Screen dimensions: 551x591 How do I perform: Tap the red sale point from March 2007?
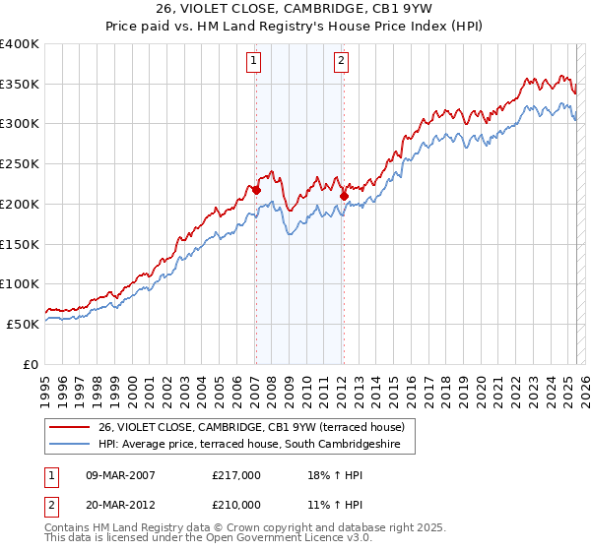click(x=256, y=190)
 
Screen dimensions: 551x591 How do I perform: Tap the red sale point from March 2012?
click(x=344, y=196)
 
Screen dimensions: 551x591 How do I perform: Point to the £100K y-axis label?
click(x=20, y=283)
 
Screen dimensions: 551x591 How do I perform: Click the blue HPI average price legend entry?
click(x=256, y=444)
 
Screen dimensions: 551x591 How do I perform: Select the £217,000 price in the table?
click(x=236, y=475)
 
